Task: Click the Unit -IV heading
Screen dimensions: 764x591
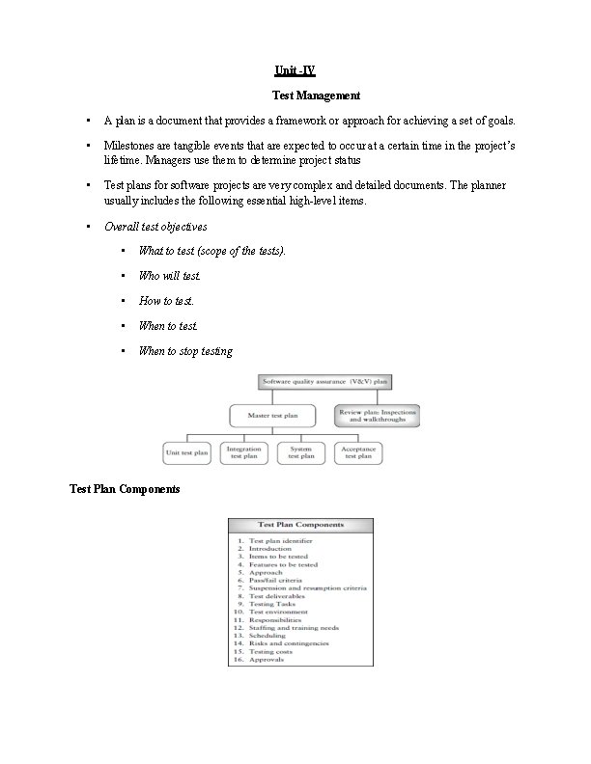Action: tap(295, 70)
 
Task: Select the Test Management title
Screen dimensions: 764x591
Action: tap(316, 95)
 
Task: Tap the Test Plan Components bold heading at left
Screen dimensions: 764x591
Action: tap(125, 489)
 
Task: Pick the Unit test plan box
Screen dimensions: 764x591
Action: tap(187, 451)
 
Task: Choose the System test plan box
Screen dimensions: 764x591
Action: tap(300, 451)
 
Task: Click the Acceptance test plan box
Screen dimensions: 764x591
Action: tap(358, 451)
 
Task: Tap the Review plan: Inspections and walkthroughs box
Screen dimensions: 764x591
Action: tap(376, 416)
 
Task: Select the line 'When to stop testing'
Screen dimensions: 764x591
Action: tap(185, 351)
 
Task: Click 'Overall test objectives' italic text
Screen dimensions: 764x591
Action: tap(155, 226)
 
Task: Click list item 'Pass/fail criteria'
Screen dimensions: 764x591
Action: tap(276, 580)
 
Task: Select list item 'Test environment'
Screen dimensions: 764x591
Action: tap(278, 612)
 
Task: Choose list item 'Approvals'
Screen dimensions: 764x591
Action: tap(267, 660)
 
